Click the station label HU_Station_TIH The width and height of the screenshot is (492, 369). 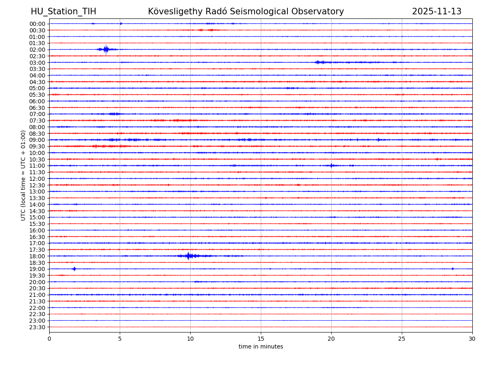64,11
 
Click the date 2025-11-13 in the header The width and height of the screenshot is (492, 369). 437,11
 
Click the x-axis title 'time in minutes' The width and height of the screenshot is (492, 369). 261,347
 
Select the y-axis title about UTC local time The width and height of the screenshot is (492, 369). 23,175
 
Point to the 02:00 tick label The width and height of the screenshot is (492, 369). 37,50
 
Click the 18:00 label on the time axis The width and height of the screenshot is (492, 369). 37,256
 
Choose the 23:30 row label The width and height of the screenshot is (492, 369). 37,327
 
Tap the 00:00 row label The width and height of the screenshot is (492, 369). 37,24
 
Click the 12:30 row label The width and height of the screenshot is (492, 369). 37,185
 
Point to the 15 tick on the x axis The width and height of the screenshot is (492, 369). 261,339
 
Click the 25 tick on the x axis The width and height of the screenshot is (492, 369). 402,339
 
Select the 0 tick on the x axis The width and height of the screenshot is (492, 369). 49,339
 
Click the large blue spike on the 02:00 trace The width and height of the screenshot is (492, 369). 106,50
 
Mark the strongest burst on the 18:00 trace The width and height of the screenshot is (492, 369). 188,256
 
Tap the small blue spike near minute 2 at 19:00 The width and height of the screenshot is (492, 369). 74,269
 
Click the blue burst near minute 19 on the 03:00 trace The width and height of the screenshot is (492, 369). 319,62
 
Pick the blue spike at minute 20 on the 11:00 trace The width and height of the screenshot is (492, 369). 331,166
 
